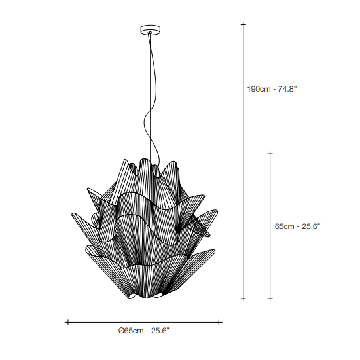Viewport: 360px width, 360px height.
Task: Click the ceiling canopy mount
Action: (x=150, y=29)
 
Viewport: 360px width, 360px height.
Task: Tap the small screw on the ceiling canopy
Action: (x=151, y=33)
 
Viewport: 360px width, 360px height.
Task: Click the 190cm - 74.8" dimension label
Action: (x=272, y=89)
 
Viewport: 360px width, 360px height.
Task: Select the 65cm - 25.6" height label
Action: (x=297, y=226)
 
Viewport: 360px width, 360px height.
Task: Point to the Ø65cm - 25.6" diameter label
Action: (x=144, y=331)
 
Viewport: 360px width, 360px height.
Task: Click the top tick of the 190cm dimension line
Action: (x=243, y=24)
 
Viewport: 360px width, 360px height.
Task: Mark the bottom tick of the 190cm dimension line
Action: (x=243, y=298)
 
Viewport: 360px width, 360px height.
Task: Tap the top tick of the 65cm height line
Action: (x=270, y=153)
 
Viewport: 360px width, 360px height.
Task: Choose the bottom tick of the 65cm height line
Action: (x=270, y=298)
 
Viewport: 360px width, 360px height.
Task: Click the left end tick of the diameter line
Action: (x=67, y=322)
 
